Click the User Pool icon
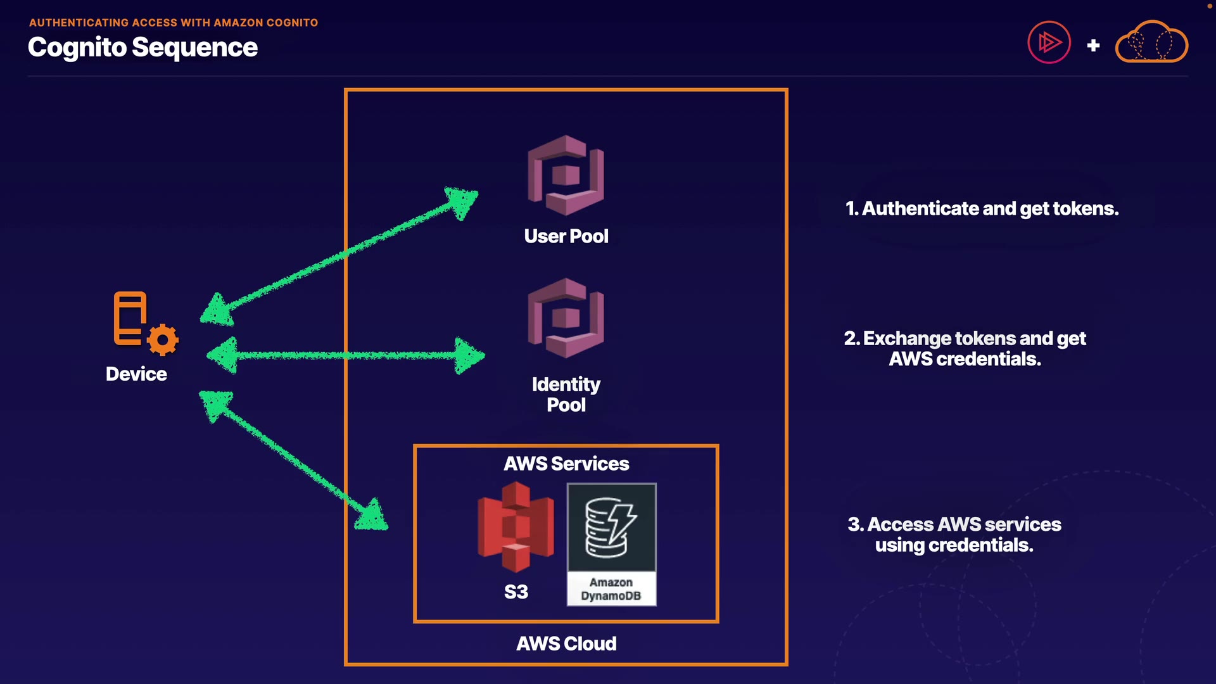(566, 175)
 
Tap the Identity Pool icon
(566, 318)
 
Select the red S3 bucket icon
(516, 527)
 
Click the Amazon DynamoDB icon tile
(611, 544)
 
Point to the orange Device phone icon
(130, 318)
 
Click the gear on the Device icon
(163, 340)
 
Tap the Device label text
(136, 374)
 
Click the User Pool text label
(566, 236)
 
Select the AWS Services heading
(566, 464)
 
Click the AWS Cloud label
(566, 643)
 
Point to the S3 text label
(516, 592)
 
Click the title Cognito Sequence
(142, 47)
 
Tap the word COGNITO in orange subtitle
(292, 23)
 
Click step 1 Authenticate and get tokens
(982, 208)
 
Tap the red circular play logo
(1049, 43)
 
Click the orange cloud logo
(1151, 42)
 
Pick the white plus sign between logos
(1093, 46)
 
